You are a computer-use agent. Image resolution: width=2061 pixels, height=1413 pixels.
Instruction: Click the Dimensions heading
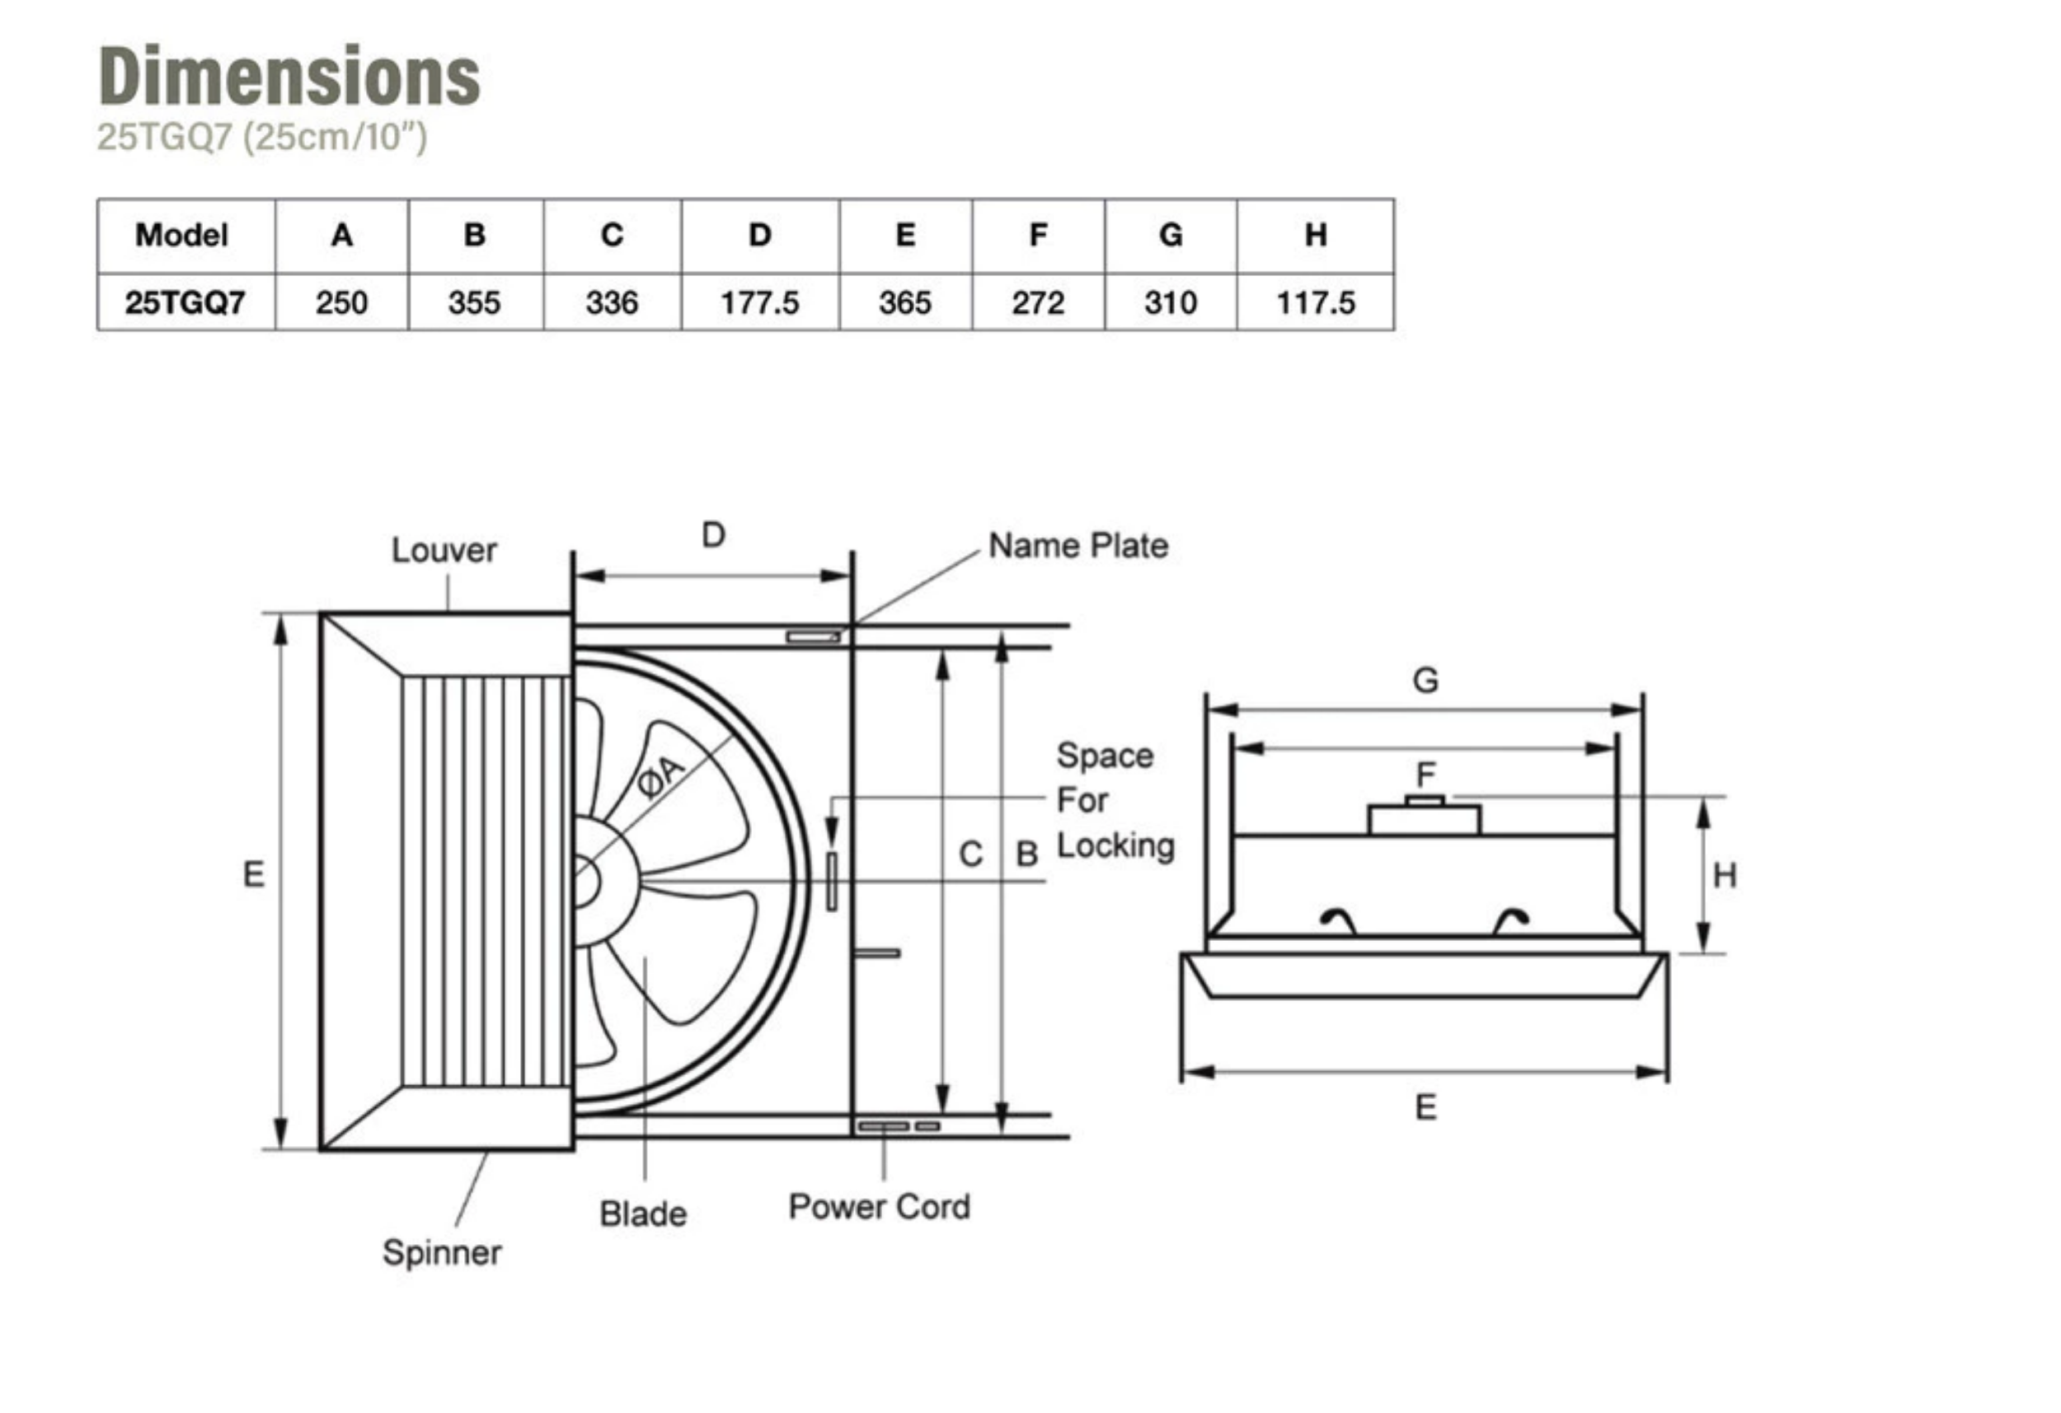tap(289, 77)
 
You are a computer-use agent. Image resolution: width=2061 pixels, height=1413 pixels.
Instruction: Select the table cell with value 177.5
tap(759, 303)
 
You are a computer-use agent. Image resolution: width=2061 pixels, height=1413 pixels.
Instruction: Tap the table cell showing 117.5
tap(1315, 303)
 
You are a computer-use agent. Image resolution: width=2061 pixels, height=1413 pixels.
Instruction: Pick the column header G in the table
tap(1171, 235)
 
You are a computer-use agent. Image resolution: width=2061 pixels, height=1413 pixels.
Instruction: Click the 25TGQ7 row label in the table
tap(185, 303)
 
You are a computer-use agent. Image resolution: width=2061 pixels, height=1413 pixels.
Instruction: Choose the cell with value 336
tap(611, 303)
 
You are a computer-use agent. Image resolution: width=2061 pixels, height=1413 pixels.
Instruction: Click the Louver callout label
tap(444, 550)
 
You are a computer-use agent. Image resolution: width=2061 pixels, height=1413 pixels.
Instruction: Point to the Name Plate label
tap(1077, 546)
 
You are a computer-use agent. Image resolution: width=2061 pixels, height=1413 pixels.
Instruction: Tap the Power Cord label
tap(879, 1207)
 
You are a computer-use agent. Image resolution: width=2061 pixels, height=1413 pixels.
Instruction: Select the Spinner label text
tap(442, 1252)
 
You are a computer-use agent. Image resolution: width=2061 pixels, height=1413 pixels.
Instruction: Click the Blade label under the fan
tap(643, 1214)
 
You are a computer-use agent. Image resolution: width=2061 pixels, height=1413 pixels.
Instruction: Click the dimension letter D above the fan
tap(713, 536)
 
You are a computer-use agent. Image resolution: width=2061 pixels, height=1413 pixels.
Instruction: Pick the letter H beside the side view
tap(1724, 876)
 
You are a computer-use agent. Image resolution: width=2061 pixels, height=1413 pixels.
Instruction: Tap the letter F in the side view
tap(1425, 774)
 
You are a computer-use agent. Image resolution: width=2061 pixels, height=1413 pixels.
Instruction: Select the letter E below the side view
tap(1425, 1108)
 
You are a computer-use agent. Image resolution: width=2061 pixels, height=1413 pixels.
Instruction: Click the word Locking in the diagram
tap(1115, 845)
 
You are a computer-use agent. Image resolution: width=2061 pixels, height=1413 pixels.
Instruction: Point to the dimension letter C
tap(971, 854)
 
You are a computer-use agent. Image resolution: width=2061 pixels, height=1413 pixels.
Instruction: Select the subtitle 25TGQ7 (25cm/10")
tap(261, 138)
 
